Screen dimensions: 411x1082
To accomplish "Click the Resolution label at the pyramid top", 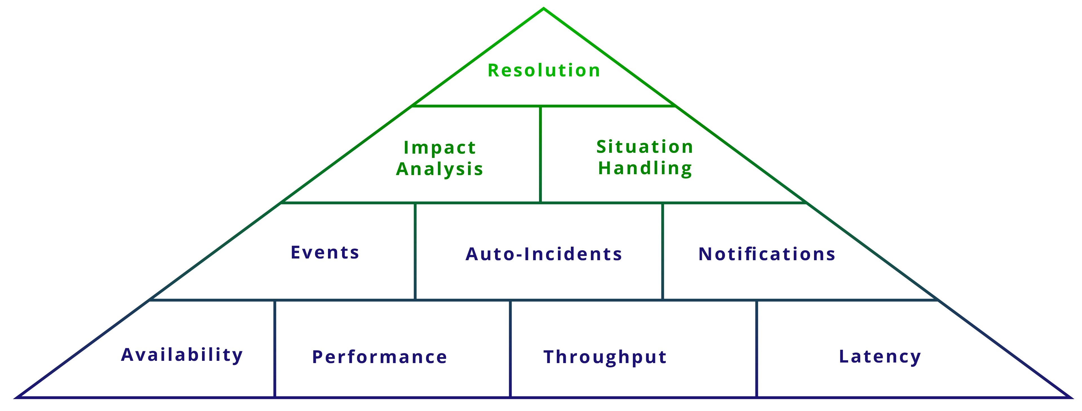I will pyautogui.click(x=544, y=70).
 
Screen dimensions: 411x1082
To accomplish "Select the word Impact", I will pyautogui.click(x=439, y=147).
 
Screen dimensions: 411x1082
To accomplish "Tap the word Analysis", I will pyautogui.click(x=439, y=169).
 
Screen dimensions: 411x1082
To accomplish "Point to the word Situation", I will pyautogui.click(x=645, y=147).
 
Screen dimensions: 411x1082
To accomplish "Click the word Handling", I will pyautogui.click(x=645, y=168).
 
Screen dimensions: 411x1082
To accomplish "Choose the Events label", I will pyautogui.click(x=325, y=253).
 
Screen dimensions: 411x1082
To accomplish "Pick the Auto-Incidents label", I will pyautogui.click(x=544, y=254).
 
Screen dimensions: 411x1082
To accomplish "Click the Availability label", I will pyautogui.click(x=182, y=355).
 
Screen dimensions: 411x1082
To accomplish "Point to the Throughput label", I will pyautogui.click(x=605, y=357).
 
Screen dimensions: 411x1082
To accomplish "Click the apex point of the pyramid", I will pyautogui.click(x=544, y=9).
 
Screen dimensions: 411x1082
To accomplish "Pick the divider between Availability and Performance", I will pyautogui.click(x=275, y=349).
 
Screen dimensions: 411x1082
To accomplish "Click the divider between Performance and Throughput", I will pyautogui.click(x=510, y=349).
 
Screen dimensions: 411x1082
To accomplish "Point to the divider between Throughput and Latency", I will pyautogui.click(x=757, y=349).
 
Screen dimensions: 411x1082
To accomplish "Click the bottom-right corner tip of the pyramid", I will pyautogui.click(x=1070, y=396).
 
